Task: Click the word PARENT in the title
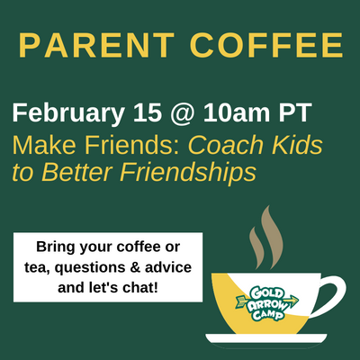click(96, 45)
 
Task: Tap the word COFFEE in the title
click(266, 45)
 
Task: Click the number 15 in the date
click(148, 112)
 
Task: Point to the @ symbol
click(182, 114)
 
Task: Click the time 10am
click(236, 112)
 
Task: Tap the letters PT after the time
click(295, 112)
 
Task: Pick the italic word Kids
click(297, 145)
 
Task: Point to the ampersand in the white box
click(135, 267)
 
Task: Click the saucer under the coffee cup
click(266, 338)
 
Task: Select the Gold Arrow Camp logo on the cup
click(268, 304)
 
